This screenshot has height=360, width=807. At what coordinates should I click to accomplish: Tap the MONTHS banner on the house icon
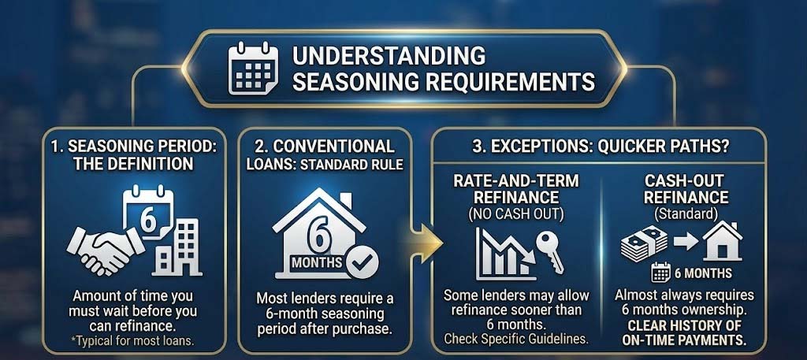tap(317, 262)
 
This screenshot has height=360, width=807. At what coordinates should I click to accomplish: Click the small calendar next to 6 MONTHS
tap(660, 274)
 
